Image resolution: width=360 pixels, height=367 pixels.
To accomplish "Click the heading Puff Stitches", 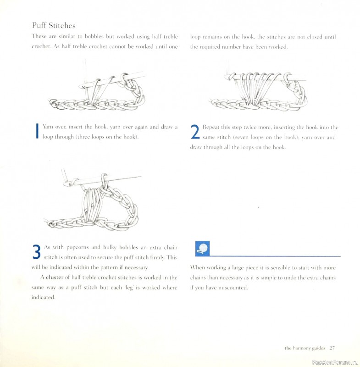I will (53, 25).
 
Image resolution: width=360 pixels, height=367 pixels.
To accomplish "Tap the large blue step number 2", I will (194, 133).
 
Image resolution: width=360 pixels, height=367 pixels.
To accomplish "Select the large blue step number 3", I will (37, 253).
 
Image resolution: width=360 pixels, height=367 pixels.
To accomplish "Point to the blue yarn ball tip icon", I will (202, 248).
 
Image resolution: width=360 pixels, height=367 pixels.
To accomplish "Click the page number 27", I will (332, 348).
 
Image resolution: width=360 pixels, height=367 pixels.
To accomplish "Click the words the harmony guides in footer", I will (305, 348).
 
